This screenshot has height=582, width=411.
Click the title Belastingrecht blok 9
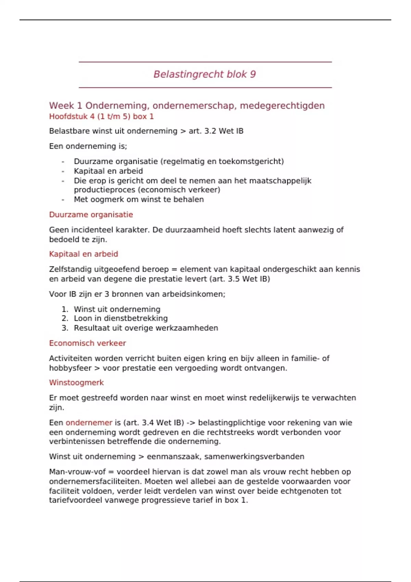coord(204,74)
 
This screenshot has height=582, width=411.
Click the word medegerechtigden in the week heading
coord(282,106)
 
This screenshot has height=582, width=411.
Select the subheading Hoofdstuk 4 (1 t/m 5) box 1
coord(101,117)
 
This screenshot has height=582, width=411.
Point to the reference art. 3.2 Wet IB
coord(216,131)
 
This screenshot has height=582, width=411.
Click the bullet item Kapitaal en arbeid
coord(108,171)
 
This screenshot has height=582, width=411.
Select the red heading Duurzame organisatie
coord(91,215)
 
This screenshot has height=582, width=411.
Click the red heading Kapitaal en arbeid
coord(83,254)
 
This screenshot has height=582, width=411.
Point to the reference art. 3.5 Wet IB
coord(244,279)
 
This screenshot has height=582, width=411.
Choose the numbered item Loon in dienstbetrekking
coord(121,318)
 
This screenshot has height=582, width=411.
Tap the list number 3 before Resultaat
coord(65,328)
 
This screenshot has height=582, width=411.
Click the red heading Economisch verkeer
coord(87,343)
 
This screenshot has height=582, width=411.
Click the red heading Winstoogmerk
coord(76,383)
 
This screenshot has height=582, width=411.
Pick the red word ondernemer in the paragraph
coord(89,423)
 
